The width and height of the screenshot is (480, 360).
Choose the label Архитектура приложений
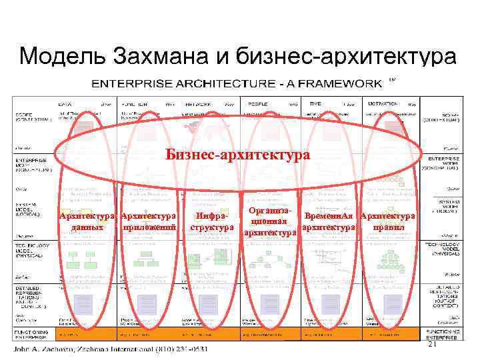pyautogui.click(x=149, y=221)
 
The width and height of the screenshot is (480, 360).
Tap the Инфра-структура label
pyautogui.click(x=211, y=221)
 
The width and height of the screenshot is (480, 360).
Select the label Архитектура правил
pyautogui.click(x=387, y=221)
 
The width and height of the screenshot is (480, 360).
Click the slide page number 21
pyautogui.click(x=431, y=345)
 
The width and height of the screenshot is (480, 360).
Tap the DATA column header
pyautogui.click(x=66, y=104)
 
